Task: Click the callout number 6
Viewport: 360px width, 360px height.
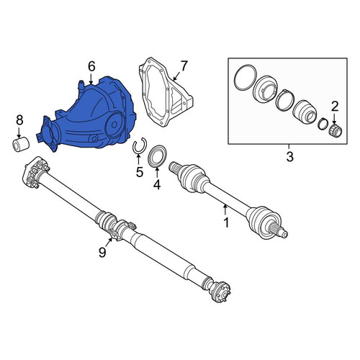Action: (91, 66)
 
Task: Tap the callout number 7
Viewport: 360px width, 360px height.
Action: (184, 66)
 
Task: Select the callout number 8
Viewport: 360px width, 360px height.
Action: (19, 120)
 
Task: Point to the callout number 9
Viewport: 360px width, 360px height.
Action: (102, 252)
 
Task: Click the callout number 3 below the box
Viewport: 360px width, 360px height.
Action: (290, 156)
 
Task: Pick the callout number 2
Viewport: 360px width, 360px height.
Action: (335, 107)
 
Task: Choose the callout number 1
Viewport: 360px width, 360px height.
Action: (226, 222)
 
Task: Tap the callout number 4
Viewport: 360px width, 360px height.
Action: (157, 184)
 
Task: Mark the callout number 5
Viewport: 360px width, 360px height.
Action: (140, 171)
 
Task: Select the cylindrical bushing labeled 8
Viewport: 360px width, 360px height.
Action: (21, 145)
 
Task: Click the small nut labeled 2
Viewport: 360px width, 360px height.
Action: (336, 131)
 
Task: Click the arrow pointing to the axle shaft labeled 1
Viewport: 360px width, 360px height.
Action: (225, 210)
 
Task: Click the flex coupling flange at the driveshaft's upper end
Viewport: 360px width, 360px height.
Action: (35, 173)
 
